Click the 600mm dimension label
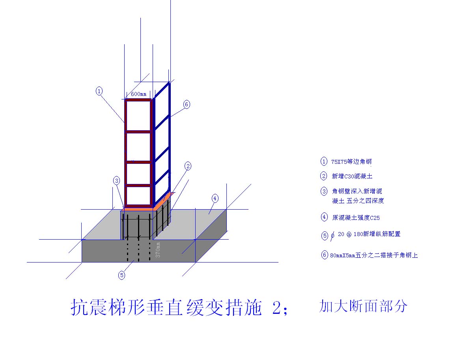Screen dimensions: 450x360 (x=138, y=94)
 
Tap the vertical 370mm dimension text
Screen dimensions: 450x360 (x=158, y=250)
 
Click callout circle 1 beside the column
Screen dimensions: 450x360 (x=99, y=91)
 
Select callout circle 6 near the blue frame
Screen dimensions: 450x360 (x=187, y=104)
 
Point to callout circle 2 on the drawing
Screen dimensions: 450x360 (x=188, y=166)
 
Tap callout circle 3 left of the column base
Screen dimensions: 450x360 (x=116, y=181)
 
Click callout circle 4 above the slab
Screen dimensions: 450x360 (x=215, y=198)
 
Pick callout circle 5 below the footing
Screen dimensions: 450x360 (x=122, y=275)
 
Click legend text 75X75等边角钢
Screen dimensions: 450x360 (x=351, y=161)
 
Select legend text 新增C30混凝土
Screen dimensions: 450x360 (x=352, y=176)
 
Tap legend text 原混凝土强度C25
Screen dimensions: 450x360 (x=356, y=218)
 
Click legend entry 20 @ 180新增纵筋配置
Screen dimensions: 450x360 (x=369, y=234)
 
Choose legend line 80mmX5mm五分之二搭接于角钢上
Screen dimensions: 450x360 (x=374, y=255)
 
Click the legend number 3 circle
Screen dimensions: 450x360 (x=324, y=191)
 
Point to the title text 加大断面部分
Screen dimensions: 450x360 (x=363, y=306)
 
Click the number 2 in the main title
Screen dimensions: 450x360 (x=277, y=308)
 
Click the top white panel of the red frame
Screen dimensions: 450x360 (x=138, y=116)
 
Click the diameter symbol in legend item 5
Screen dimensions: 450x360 (x=332, y=236)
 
